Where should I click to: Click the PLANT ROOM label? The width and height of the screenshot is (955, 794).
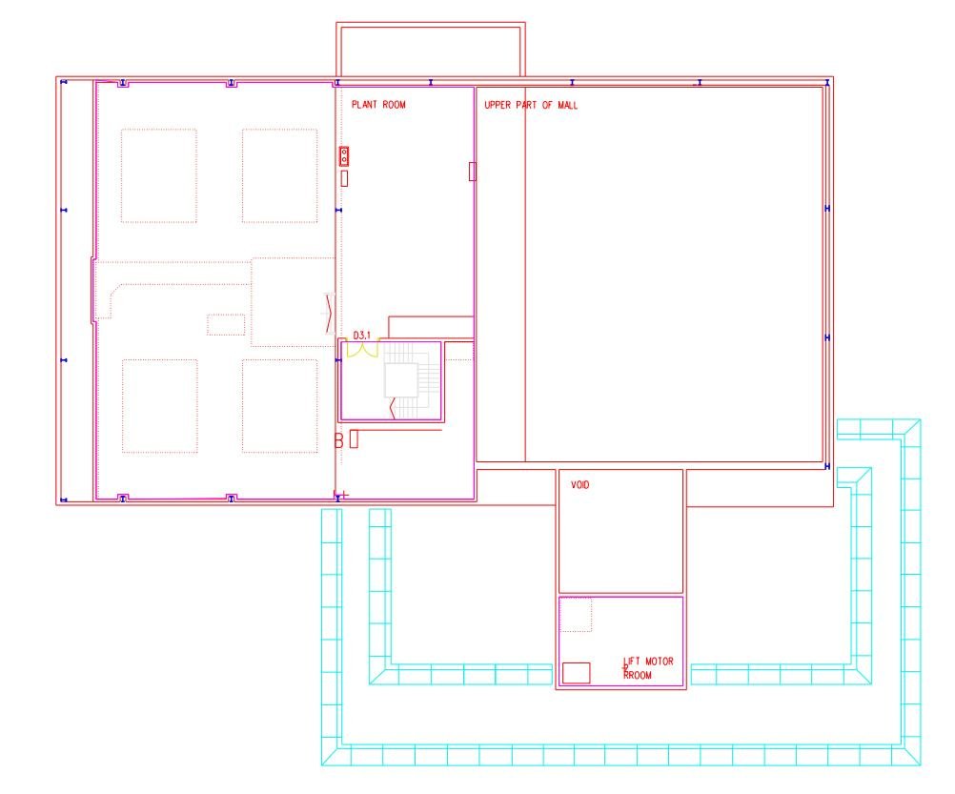coord(378,105)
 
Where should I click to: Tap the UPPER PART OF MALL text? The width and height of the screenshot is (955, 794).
coord(531,105)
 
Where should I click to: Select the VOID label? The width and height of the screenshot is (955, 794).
coord(579,484)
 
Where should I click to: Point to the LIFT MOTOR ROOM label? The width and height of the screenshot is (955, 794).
coord(648,668)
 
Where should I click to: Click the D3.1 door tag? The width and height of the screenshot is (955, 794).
coord(362,336)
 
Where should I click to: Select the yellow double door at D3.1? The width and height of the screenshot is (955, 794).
coord(362,350)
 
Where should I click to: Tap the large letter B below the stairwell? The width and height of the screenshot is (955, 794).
coord(338,440)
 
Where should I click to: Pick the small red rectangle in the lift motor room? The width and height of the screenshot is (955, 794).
coord(577,673)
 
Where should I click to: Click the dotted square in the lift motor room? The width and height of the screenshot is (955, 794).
coord(576,615)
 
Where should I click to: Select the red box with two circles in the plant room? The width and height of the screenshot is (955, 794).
coord(344,156)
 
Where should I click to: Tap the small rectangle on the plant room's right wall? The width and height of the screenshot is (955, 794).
coord(473,172)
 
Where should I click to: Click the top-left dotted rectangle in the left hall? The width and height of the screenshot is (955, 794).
coord(159,175)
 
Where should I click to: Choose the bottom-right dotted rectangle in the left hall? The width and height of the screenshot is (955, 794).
coord(280,406)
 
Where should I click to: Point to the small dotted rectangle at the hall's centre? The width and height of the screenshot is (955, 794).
coord(226,324)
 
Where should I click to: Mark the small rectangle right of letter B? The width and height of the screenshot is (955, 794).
coord(354,439)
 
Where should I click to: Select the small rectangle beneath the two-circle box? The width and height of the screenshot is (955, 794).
coord(344,178)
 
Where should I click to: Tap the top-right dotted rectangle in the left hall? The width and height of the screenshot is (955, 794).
coord(280,175)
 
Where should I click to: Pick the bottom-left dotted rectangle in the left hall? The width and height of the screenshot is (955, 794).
coord(159,406)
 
